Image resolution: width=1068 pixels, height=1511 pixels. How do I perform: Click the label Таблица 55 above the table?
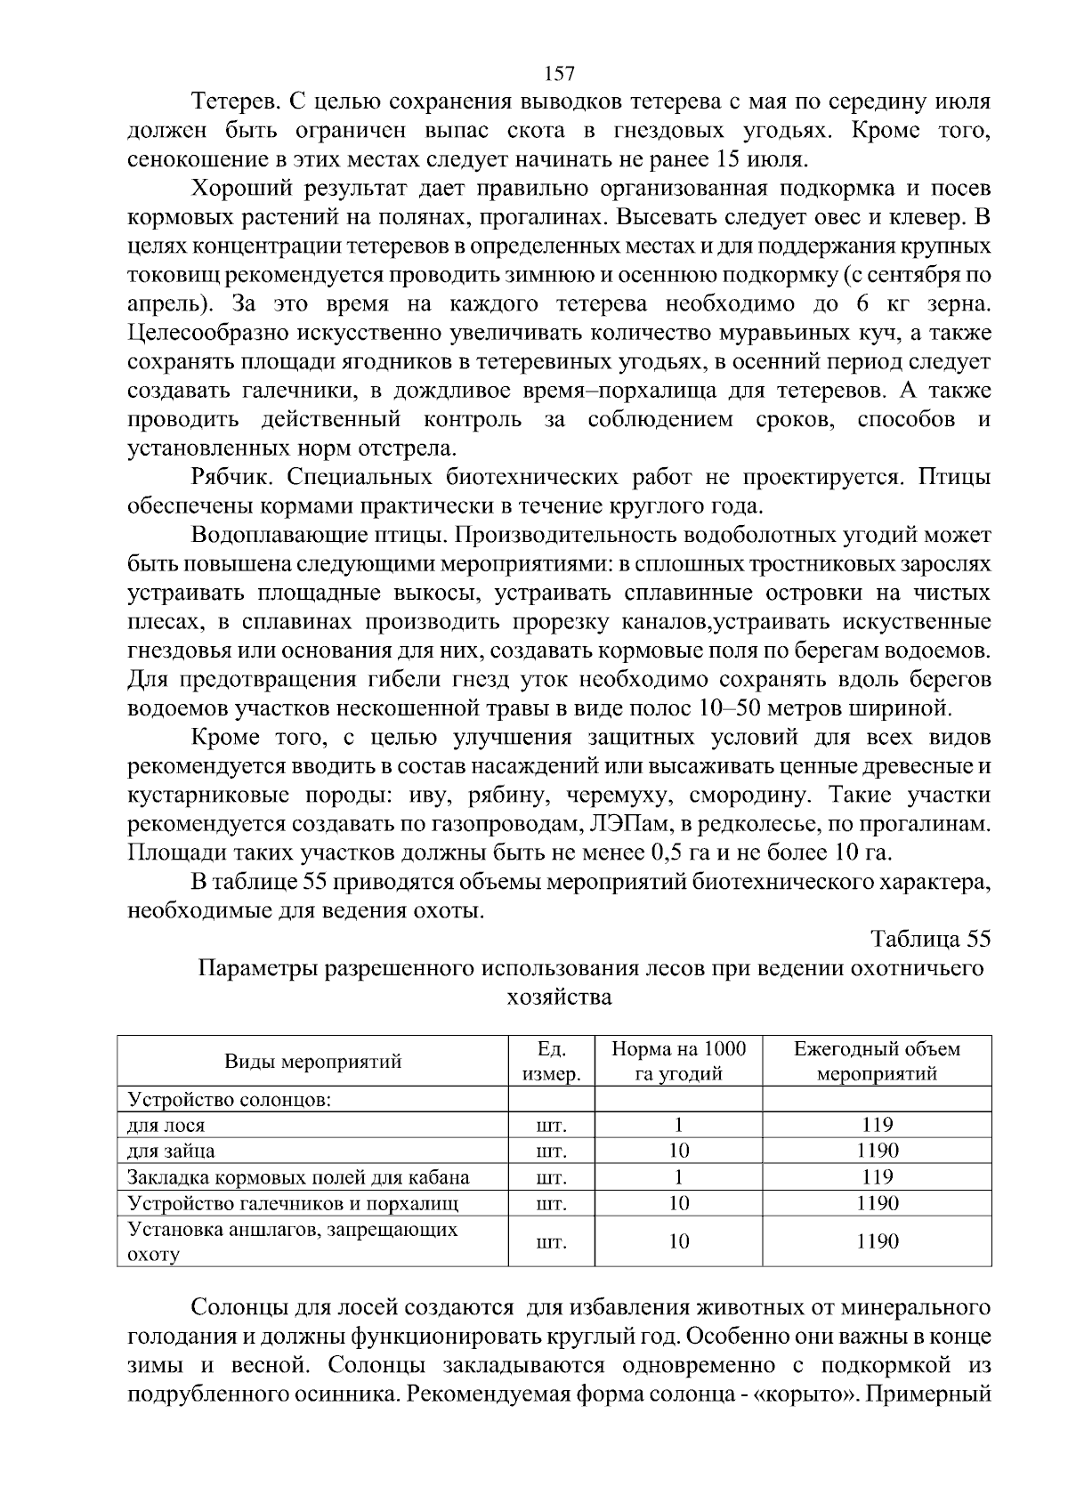930,939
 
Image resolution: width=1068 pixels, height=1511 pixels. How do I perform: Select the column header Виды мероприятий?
312,1061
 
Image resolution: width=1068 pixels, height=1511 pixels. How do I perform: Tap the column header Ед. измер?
552,1061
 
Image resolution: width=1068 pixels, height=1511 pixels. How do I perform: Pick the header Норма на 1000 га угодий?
678,1061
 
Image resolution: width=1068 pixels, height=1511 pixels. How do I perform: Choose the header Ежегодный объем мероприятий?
877,1061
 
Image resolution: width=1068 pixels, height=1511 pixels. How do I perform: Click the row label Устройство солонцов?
230,1099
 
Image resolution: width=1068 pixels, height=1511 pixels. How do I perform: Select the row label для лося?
166,1125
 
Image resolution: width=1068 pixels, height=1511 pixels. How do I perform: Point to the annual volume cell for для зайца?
877,1151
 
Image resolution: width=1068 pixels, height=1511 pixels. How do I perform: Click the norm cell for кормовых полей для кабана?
678,1177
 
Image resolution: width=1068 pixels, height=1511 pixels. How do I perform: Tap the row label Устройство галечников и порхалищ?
293,1203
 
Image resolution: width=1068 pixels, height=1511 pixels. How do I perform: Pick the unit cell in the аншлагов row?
552,1241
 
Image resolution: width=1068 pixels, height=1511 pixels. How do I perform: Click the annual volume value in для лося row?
877,1125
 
